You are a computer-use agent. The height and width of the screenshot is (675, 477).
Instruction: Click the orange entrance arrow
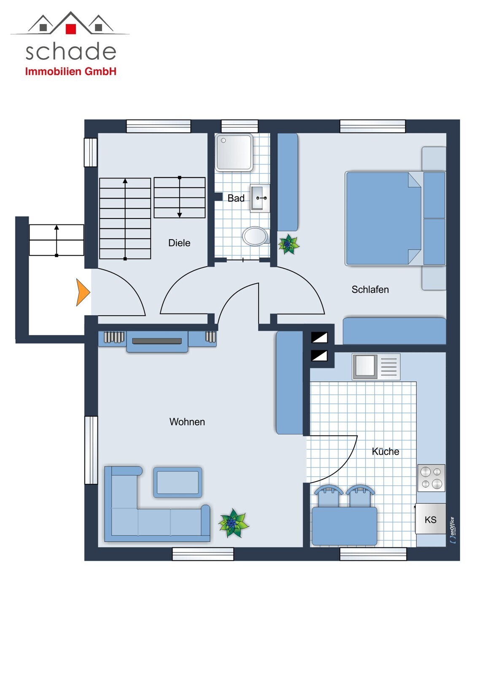(83, 292)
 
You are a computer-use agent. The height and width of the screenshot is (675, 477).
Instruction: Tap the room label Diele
(179, 243)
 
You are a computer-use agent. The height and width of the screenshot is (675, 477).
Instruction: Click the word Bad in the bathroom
(236, 198)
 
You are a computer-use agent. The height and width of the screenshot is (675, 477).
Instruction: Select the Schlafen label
(370, 289)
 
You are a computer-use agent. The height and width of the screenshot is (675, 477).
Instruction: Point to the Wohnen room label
(187, 422)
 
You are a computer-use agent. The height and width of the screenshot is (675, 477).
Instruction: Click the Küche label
(385, 451)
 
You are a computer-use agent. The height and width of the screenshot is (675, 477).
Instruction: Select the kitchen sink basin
(365, 366)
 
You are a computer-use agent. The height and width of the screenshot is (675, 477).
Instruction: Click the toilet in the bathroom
(256, 236)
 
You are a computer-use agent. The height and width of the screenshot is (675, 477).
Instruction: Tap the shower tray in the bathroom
(234, 152)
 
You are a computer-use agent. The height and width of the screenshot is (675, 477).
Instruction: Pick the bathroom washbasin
(260, 198)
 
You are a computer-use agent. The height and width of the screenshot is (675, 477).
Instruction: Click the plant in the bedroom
(288, 244)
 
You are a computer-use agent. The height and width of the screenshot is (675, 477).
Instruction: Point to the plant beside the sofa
(234, 524)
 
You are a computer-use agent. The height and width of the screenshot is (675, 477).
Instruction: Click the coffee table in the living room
(178, 483)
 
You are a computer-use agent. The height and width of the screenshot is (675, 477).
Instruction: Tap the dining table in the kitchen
(345, 526)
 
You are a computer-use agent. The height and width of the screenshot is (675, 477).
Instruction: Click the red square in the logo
(71, 28)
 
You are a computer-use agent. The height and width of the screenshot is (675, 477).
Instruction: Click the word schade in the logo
(71, 52)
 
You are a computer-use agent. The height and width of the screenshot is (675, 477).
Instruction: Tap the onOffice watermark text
(453, 530)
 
